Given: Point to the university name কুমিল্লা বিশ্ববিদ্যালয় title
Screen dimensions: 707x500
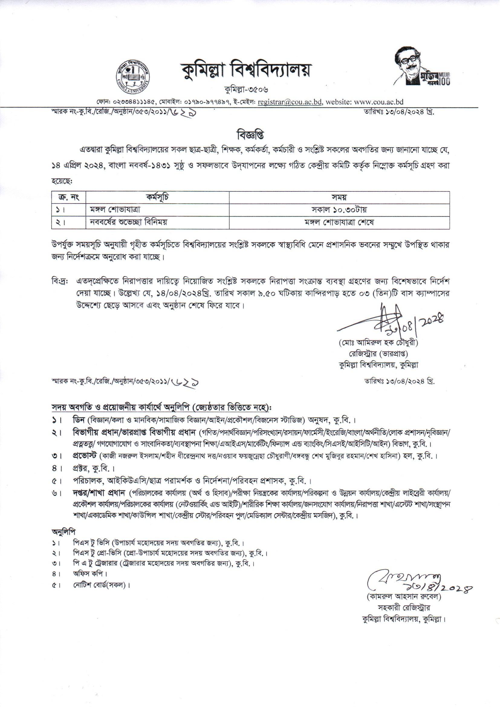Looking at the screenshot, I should point(245,70).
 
